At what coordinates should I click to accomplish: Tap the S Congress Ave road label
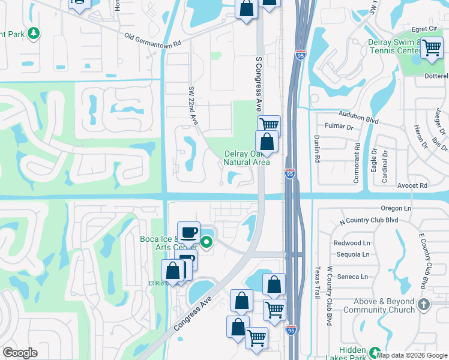259,85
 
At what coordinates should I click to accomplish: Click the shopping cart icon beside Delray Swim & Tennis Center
432,48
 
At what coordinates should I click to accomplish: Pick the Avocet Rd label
415,185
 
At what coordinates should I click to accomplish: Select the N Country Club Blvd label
369,220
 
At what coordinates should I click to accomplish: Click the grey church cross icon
424,304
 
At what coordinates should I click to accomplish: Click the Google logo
20,353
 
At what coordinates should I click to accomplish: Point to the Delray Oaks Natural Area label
246,158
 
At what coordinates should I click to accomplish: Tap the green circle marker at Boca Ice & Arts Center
206,242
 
